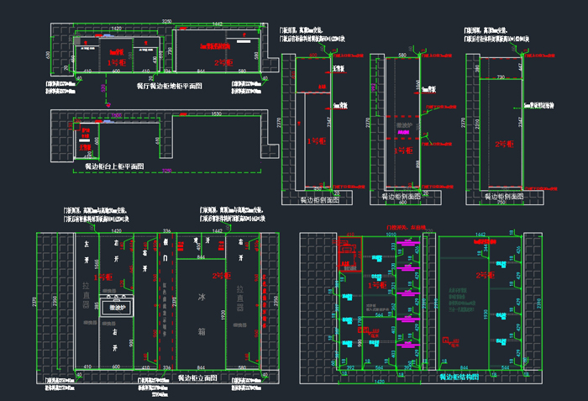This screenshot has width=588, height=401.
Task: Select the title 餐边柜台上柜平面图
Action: click(x=114, y=167)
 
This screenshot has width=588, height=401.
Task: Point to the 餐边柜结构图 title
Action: click(x=459, y=377)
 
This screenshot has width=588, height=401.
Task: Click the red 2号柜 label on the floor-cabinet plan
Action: click(x=222, y=62)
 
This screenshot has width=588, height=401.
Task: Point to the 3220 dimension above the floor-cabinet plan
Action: click(x=166, y=18)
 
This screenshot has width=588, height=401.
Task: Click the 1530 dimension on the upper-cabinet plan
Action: click(x=216, y=113)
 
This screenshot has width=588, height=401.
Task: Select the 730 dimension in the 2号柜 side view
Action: click(x=500, y=77)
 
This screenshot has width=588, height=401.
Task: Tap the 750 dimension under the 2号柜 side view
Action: click(x=500, y=203)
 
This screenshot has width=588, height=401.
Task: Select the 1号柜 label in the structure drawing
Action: click(x=377, y=285)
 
